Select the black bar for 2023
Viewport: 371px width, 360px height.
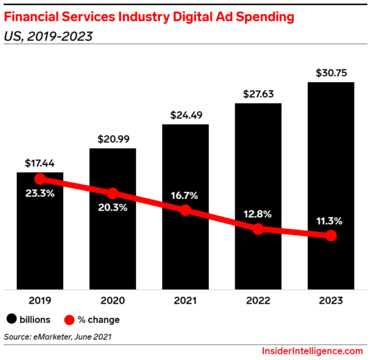(x=330, y=186)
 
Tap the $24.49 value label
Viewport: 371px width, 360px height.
(x=185, y=114)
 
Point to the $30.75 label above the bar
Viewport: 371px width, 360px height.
(x=330, y=72)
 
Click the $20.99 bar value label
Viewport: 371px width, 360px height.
(x=113, y=139)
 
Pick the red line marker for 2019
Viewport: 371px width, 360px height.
(x=40, y=179)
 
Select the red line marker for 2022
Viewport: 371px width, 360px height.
(x=258, y=229)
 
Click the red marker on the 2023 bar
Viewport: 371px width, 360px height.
(x=331, y=236)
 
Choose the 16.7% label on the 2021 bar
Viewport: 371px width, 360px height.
(x=185, y=195)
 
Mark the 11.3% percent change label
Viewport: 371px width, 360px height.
(x=330, y=221)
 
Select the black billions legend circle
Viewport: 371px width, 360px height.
(x=12, y=320)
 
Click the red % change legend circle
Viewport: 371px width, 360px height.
(x=70, y=320)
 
